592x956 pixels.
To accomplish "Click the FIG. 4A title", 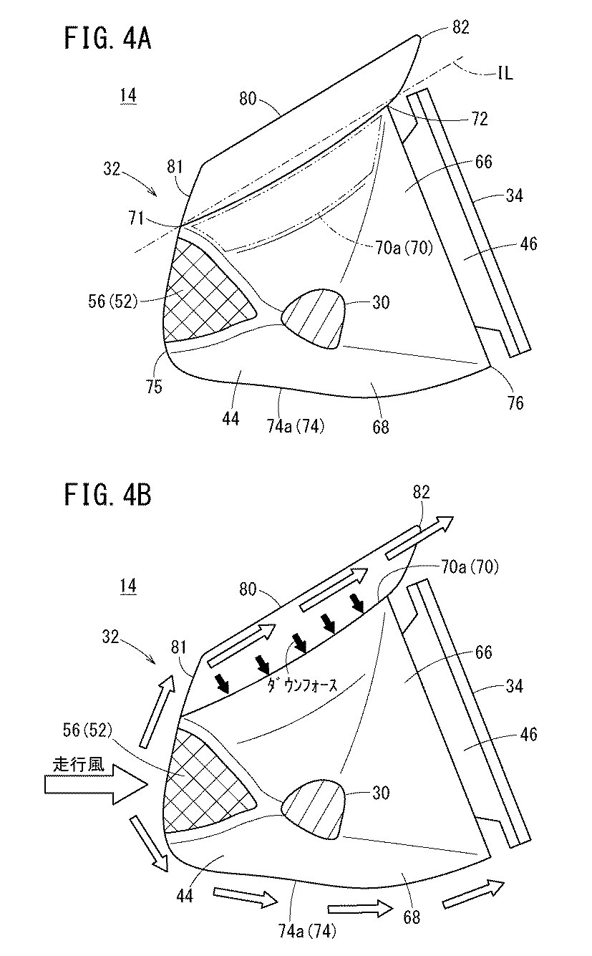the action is pyautogui.click(x=108, y=39).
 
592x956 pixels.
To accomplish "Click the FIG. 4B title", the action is pyautogui.click(x=108, y=495).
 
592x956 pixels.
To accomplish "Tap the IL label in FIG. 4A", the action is pyautogui.click(x=505, y=73).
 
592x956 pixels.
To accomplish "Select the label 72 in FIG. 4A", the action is pyautogui.click(x=480, y=119).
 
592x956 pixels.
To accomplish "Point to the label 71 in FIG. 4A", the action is pyautogui.click(x=137, y=218).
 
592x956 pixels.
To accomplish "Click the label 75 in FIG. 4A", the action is pyautogui.click(x=154, y=386).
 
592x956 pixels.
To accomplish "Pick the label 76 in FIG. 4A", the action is pyautogui.click(x=515, y=402).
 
